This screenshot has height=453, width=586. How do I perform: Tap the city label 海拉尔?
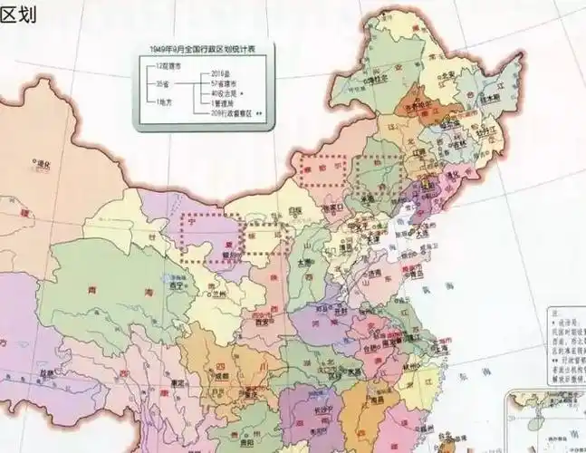[371, 82]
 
